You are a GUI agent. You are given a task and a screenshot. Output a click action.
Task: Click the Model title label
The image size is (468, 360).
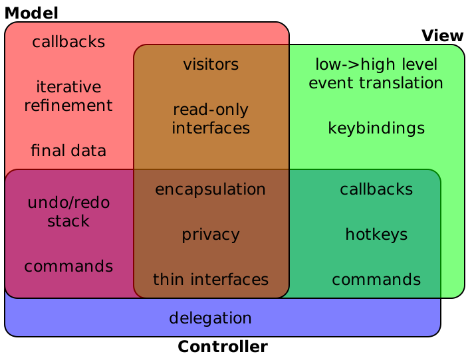32,13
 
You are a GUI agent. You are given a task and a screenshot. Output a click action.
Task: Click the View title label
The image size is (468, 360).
442,35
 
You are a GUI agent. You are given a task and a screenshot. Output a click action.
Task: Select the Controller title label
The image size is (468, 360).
223,347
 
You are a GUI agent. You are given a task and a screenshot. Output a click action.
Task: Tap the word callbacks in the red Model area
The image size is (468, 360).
68,42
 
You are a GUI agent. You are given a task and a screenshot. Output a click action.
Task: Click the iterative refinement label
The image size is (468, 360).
68,96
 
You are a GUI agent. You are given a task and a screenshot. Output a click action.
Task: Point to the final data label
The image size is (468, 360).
68,151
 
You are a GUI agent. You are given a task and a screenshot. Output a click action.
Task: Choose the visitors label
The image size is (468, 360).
211,64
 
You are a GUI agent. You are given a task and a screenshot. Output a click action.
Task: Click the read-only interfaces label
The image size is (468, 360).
211,119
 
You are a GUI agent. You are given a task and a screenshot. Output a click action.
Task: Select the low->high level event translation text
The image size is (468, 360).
376,74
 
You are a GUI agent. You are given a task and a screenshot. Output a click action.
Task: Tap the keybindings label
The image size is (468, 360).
376,128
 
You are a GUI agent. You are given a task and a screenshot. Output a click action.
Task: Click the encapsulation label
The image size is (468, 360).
211,189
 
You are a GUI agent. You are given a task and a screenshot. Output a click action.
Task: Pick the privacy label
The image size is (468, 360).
211,234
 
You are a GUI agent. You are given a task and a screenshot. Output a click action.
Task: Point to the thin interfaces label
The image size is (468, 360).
211,280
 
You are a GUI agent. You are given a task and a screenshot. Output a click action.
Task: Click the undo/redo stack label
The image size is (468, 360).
68,212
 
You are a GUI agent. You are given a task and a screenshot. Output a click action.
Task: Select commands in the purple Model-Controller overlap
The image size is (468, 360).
68,266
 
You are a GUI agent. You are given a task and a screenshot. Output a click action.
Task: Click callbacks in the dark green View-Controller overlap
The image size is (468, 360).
376,189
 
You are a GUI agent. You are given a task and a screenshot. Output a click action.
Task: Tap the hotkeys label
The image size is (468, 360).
376,234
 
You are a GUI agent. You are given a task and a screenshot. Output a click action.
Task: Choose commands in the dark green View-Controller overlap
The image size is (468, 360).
376,280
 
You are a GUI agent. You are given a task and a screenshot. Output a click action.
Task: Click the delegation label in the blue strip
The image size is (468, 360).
211,318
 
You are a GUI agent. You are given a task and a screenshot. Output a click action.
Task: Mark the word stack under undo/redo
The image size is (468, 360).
68,221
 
